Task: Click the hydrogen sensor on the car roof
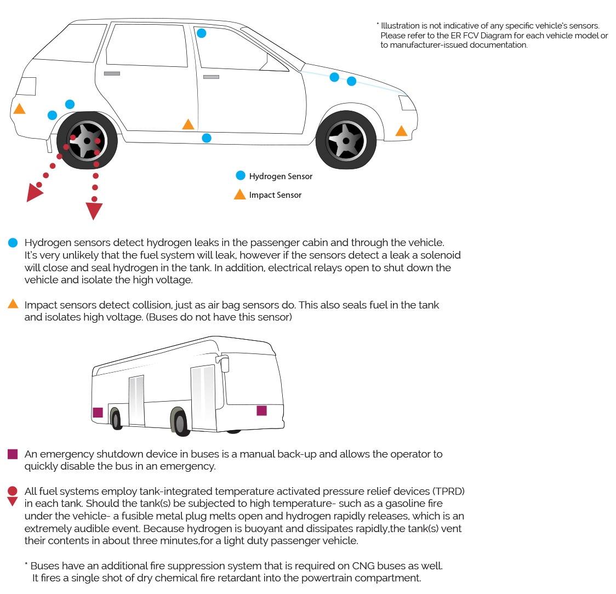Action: click(x=201, y=33)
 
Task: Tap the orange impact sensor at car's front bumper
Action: click(x=401, y=131)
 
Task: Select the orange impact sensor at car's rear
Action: click(x=19, y=108)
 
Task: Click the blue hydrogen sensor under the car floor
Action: click(x=206, y=138)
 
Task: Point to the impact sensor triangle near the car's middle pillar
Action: click(x=188, y=124)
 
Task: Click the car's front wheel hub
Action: click(x=346, y=141)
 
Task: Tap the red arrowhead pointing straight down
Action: click(x=94, y=211)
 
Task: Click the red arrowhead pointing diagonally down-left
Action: click(x=33, y=193)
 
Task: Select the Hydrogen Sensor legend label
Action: click(x=281, y=176)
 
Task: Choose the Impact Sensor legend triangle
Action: click(x=239, y=195)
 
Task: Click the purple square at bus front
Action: click(x=261, y=410)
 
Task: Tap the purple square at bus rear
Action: click(x=98, y=413)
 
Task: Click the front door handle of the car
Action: click(x=211, y=77)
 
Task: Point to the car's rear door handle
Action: click(x=112, y=73)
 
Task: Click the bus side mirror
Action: click(x=224, y=363)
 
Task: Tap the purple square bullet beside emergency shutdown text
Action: click(x=13, y=454)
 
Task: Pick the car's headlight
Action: click(x=407, y=103)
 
